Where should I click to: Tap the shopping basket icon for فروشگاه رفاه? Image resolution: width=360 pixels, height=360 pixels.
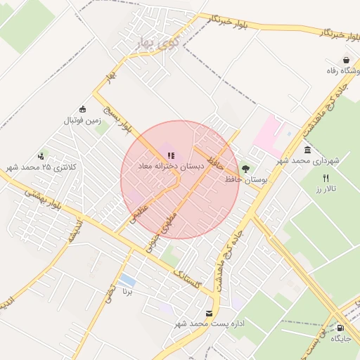tap(347, 60)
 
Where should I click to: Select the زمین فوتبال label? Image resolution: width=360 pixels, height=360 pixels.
tap(83, 120)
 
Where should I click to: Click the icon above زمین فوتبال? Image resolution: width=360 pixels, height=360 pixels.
tap(83, 109)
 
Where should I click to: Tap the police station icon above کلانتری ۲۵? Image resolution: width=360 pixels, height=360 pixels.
tap(41, 156)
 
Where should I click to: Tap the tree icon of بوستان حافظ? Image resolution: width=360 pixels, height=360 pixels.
tap(245, 169)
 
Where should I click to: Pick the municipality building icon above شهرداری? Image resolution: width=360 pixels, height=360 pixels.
tap(308, 150)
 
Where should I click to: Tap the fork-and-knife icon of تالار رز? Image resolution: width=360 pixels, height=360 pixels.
tap(326, 179)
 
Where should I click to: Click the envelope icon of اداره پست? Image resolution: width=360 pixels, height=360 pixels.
tap(208, 313)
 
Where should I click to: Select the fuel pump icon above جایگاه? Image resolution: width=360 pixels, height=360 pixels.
tap(340, 327)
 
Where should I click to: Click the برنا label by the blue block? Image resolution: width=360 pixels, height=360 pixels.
tap(127, 291)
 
